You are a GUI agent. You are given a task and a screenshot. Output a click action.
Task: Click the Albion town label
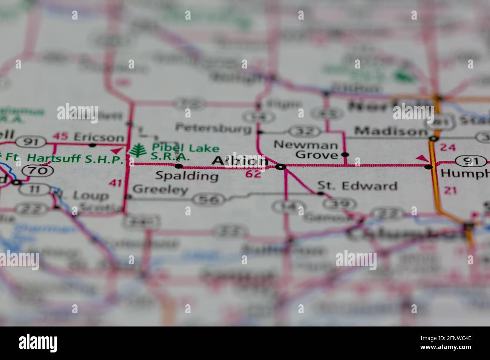pyautogui.click(x=240, y=161)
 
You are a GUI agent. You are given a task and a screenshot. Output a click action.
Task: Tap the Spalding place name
pyautogui.click(x=187, y=176)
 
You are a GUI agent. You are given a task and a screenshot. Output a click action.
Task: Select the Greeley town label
pyautogui.click(x=160, y=189)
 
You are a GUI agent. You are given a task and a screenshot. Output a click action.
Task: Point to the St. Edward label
pyautogui.click(x=357, y=186)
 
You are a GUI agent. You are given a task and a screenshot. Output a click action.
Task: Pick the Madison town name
pyautogui.click(x=391, y=131)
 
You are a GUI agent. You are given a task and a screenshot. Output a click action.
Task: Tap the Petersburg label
pyautogui.click(x=213, y=128)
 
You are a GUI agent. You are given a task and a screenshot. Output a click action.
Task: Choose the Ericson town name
pyautogui.click(x=99, y=137)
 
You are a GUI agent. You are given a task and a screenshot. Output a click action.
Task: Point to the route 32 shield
pyautogui.click(x=305, y=131)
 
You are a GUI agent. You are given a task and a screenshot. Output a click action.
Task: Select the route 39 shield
pyautogui.click(x=339, y=204)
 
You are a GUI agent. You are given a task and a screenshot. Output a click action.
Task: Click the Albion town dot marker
pyautogui.click(x=280, y=166)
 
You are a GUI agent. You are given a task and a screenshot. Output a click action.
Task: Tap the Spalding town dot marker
pyautogui.click(x=179, y=166)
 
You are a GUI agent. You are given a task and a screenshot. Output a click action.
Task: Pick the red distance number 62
pyautogui.click(x=253, y=174)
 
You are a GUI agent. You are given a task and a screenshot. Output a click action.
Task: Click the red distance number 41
pyautogui.click(x=115, y=183)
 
